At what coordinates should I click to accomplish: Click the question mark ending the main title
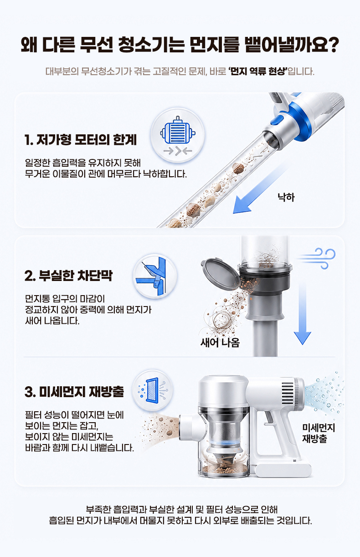pos(332,45)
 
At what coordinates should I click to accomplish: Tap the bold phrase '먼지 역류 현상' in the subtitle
pos(258,72)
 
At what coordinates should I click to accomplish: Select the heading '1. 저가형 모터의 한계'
pos(81,139)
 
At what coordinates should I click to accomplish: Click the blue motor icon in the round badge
pos(177,130)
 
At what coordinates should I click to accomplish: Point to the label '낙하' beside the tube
pos(286,197)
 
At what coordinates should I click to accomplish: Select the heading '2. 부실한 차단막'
pos(68,276)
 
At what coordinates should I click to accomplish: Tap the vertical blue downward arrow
pos(302,313)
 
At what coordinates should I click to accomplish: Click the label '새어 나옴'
pos(220,342)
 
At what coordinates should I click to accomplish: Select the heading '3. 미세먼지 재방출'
pos(74,392)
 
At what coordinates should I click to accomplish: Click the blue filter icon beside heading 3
pos(152,390)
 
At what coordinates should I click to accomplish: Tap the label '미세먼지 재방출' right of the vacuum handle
pos(319,433)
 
